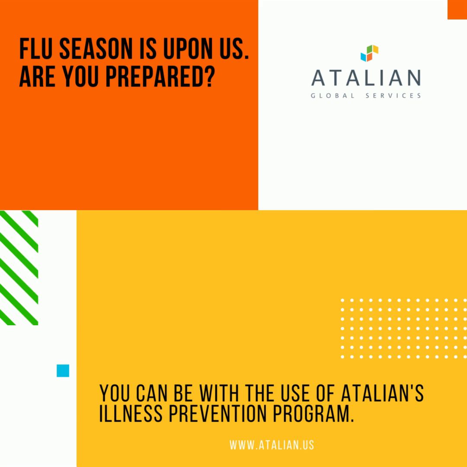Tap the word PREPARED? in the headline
coord(160,77)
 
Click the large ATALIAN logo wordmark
coord(366,78)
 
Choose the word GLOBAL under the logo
coord(333,96)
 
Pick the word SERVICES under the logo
coord(393,96)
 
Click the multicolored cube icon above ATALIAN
coord(369,53)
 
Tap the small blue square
coord(63,371)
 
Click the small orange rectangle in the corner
coord(457,10)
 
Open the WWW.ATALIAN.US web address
coord(272,445)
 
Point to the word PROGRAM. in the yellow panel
coord(313,413)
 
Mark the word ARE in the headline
coord(37,77)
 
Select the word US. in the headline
coord(234,49)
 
